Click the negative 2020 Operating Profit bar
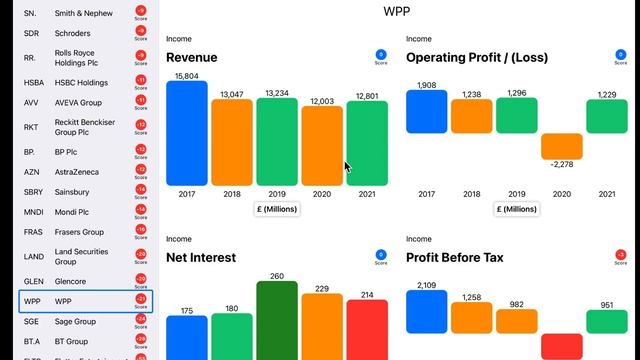click(x=561, y=146)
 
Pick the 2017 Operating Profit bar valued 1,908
click(x=427, y=112)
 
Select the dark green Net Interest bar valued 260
click(x=277, y=320)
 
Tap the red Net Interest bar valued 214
click(x=367, y=329)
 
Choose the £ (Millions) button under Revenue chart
click(x=277, y=209)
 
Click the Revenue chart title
click(x=192, y=57)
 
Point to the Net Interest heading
click(x=201, y=257)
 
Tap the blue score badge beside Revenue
click(x=381, y=56)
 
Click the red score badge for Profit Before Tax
click(x=621, y=256)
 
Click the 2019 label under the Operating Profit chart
click(x=516, y=193)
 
